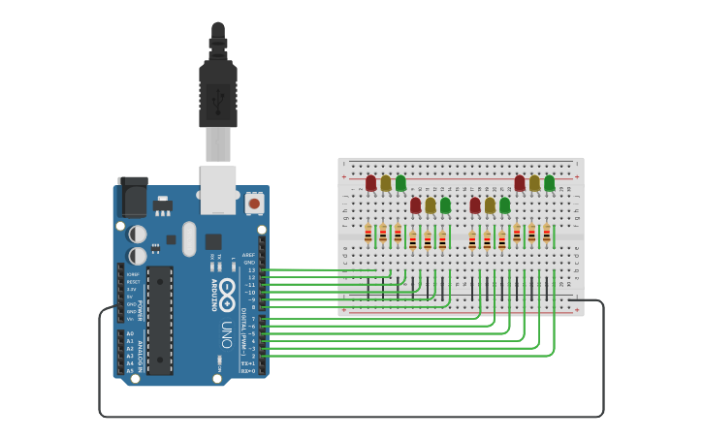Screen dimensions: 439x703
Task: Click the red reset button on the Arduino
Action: coord(254,203)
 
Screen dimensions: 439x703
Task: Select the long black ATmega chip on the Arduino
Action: coord(160,320)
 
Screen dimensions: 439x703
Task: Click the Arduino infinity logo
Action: coord(227,290)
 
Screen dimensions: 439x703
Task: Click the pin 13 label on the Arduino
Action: coord(251,270)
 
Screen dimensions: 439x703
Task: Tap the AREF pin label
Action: coord(249,255)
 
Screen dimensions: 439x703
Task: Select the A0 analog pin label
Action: coord(130,333)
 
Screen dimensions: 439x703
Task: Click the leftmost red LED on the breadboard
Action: coord(370,182)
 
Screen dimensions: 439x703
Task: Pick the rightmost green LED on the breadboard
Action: coord(549,182)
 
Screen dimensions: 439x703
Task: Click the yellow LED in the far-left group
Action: coord(385,182)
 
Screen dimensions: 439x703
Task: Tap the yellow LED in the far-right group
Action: coord(534,182)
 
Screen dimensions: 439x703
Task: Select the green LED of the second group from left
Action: coord(445,205)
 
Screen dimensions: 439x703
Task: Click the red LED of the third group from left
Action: coord(475,205)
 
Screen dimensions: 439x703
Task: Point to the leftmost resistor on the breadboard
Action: coord(367,234)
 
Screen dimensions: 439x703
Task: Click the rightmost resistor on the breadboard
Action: coord(546,234)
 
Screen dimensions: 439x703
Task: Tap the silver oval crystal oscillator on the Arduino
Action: coord(189,238)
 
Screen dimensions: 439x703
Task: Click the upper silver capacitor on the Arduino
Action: coord(138,235)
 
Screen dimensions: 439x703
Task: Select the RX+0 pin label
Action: coord(248,371)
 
